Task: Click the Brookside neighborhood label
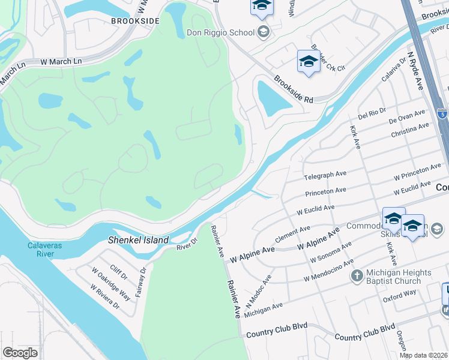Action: click(135, 20)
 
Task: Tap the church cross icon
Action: click(357, 276)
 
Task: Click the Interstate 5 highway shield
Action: click(442, 113)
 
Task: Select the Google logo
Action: click(20, 352)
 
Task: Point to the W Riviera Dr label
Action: click(105, 296)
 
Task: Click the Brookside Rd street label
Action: click(294, 89)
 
